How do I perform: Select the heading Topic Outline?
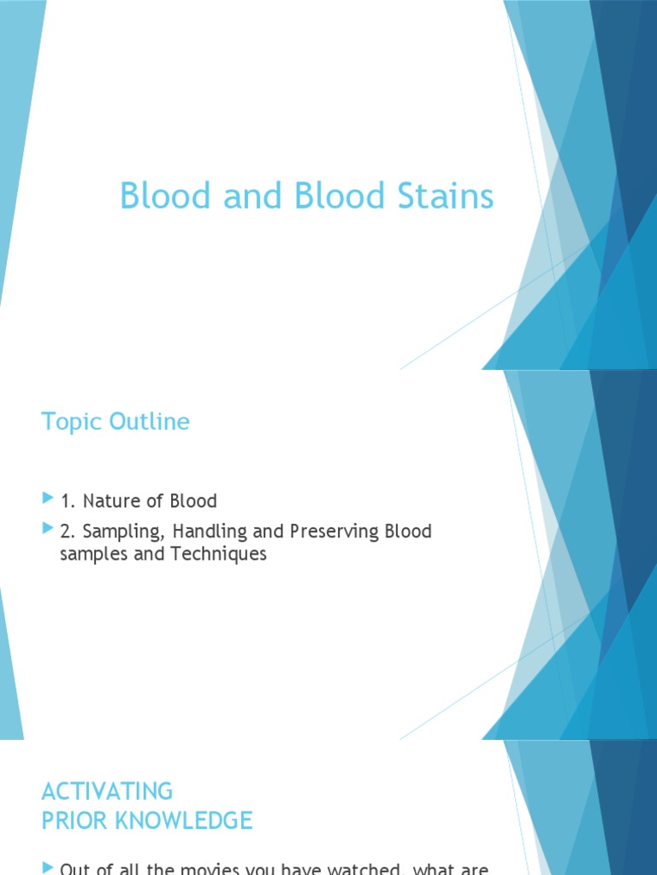click(115, 422)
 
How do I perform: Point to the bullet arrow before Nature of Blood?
click(47, 498)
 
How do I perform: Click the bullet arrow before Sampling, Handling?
click(47, 530)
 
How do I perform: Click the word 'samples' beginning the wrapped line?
click(94, 554)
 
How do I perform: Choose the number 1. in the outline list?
click(68, 501)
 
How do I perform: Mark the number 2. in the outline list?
click(68, 531)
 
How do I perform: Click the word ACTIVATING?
click(107, 790)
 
